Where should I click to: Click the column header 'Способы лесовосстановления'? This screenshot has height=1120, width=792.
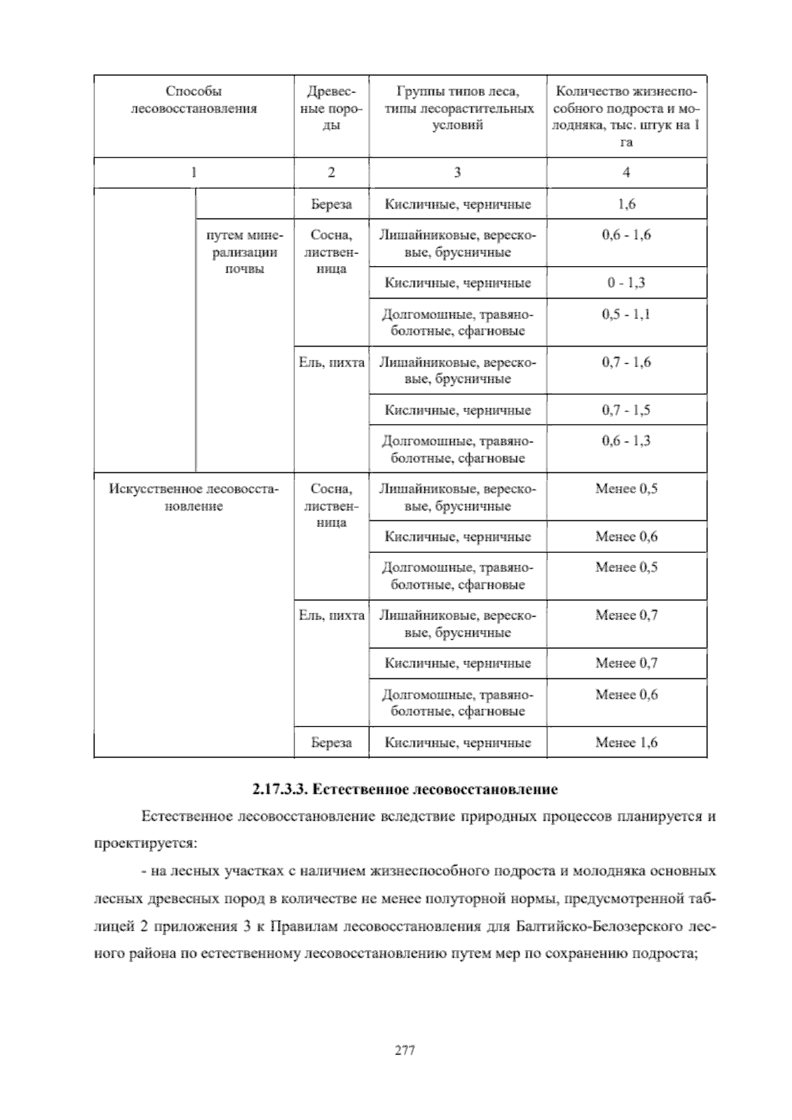click(193, 100)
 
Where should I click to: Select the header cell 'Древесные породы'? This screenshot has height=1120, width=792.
click(331, 108)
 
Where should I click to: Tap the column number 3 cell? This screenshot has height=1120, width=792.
click(457, 172)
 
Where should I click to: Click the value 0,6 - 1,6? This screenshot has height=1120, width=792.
click(626, 235)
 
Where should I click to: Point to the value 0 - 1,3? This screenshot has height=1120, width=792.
click(626, 283)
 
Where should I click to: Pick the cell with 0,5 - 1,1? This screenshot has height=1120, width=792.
click(626, 314)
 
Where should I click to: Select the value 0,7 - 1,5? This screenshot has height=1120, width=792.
click(626, 410)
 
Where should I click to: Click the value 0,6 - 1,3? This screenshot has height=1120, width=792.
click(626, 441)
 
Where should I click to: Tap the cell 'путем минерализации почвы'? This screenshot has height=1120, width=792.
click(244, 252)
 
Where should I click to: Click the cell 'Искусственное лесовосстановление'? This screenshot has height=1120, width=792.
click(193, 497)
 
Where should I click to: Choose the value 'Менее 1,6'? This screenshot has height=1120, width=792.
click(626, 742)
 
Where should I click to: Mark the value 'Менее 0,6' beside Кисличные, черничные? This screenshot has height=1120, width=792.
click(626, 536)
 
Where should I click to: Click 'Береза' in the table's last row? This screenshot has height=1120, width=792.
click(331, 742)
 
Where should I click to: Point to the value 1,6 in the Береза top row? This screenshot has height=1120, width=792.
click(626, 204)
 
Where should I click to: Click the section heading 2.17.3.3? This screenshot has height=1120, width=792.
click(405, 789)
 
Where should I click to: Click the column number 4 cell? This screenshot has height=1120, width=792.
click(626, 172)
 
